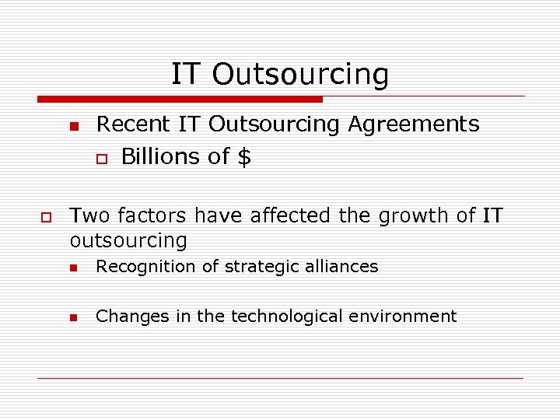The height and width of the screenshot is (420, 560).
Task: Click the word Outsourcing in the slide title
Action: (299, 75)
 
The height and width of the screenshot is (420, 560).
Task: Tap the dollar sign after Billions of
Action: (244, 157)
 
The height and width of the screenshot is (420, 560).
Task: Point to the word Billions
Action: (160, 157)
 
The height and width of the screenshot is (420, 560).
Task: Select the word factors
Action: (152, 215)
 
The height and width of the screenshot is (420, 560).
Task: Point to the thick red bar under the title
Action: (180, 100)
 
